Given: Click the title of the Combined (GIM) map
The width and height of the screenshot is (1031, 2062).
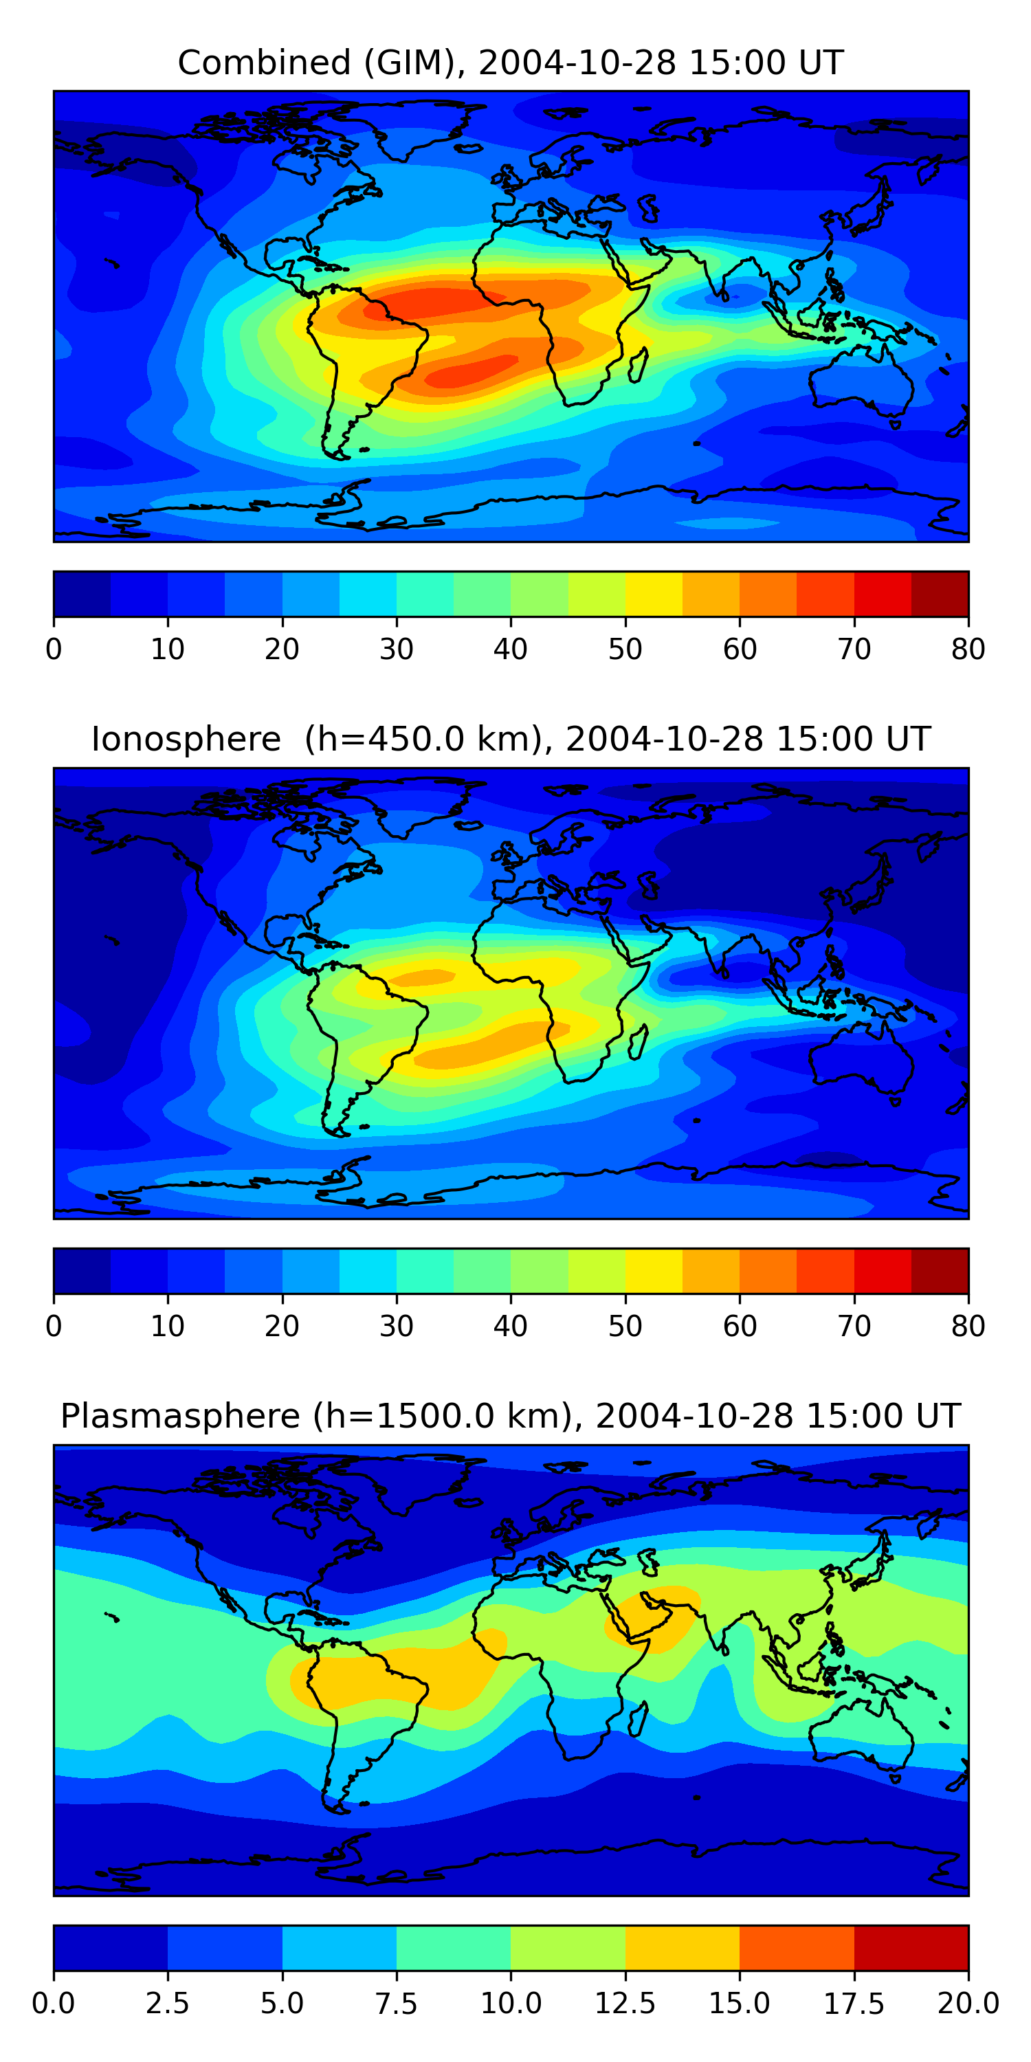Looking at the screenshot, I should (x=511, y=63).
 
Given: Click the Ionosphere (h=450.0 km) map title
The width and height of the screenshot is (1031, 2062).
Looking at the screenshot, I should (x=511, y=739).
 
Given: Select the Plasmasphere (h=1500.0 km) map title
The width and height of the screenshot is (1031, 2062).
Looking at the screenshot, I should (x=511, y=1416).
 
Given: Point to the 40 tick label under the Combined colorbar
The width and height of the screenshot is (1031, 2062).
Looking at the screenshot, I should (x=511, y=648).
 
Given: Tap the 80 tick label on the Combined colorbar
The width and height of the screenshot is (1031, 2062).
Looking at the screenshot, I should (x=968, y=648).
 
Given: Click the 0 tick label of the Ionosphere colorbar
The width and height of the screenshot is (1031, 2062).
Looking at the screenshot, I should (x=54, y=1326).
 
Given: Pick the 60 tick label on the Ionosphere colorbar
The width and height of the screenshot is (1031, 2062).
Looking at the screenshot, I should (x=740, y=1326).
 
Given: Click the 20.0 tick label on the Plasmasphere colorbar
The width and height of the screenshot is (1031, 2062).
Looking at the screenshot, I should (x=968, y=2003).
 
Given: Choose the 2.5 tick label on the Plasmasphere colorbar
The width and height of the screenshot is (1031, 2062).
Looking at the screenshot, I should (x=167, y=2003).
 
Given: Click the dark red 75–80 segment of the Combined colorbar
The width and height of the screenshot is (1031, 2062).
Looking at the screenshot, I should (x=940, y=594).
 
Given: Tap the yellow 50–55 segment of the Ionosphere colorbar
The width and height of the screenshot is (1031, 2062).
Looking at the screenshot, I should (x=654, y=1270).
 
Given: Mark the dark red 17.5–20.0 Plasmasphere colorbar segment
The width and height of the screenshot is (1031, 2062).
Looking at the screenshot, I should (x=911, y=1947).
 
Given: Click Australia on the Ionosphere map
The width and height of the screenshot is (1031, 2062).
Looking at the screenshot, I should (x=861, y=1058).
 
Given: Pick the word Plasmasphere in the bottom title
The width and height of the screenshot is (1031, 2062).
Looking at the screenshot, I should (x=180, y=1416).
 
